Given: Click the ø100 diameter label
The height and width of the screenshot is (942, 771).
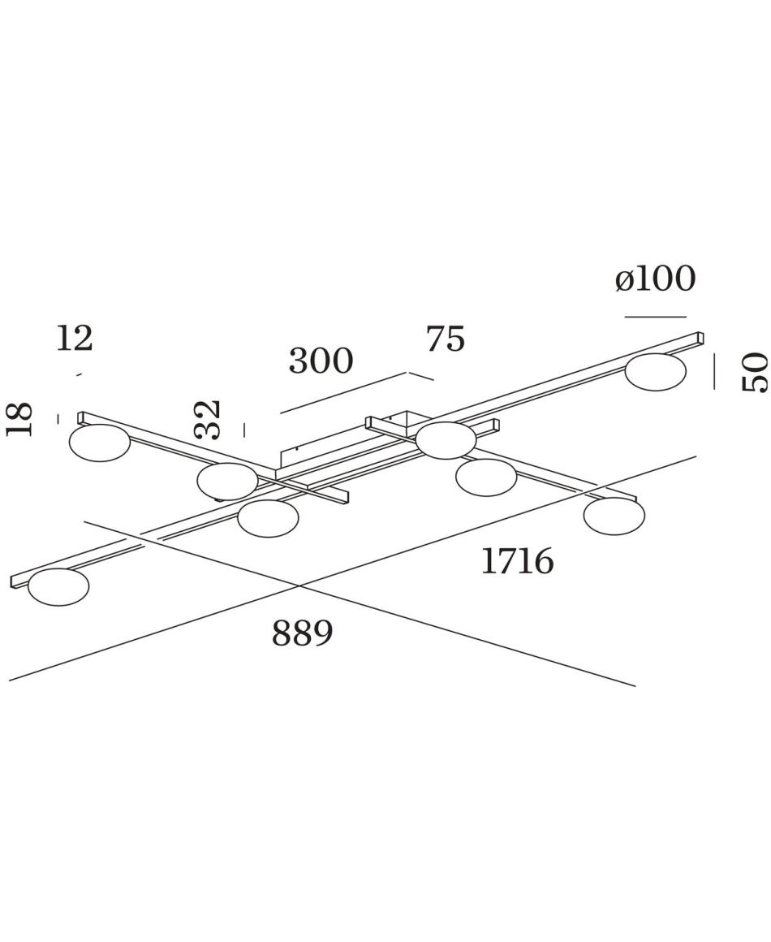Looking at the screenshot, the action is [x=655, y=279].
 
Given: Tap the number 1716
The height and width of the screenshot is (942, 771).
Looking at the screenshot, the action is [x=517, y=562].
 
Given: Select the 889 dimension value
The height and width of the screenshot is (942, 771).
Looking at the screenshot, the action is [x=303, y=633].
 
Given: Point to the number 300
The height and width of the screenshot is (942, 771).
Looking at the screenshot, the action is [x=321, y=361].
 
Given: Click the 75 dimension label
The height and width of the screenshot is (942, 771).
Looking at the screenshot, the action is [x=446, y=339].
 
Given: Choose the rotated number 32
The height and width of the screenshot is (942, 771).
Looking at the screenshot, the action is [x=209, y=419].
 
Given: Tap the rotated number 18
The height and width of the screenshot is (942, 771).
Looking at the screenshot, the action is [x=19, y=419].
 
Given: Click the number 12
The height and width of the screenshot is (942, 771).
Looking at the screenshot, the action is [x=75, y=339].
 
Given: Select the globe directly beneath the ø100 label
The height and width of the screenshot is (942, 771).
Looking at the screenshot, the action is [x=655, y=373].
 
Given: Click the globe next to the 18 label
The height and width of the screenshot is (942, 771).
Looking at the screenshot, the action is [x=100, y=443].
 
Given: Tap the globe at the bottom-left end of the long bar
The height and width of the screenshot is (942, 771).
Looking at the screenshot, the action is [x=58, y=587].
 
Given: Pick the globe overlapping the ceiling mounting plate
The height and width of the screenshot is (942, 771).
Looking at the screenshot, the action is [x=446, y=440].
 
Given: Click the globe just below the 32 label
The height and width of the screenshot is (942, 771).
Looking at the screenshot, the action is [x=227, y=482].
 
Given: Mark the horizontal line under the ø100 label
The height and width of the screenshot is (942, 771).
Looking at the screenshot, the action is [x=655, y=317].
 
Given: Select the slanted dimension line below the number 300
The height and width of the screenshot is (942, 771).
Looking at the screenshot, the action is [x=345, y=393].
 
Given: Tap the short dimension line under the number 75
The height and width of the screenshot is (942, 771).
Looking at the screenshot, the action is [x=421, y=376].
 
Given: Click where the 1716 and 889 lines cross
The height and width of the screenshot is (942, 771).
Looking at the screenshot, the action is [x=299, y=586].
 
